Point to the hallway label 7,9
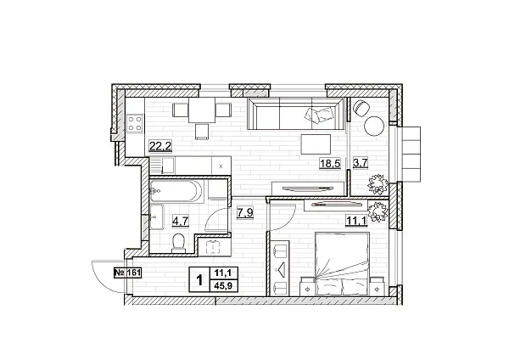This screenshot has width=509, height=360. click(244, 212)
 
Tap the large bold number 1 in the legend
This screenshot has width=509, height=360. click(199, 278)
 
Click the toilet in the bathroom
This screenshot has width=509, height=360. click(177, 244)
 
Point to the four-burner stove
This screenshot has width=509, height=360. click(136, 125)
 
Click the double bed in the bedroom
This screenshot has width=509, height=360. click(340, 262)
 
